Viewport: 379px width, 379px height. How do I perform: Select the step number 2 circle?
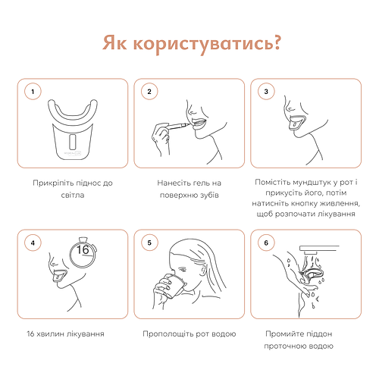(149, 92)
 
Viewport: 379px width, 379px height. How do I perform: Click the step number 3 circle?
(266, 92)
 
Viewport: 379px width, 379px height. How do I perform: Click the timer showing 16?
(84, 251)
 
